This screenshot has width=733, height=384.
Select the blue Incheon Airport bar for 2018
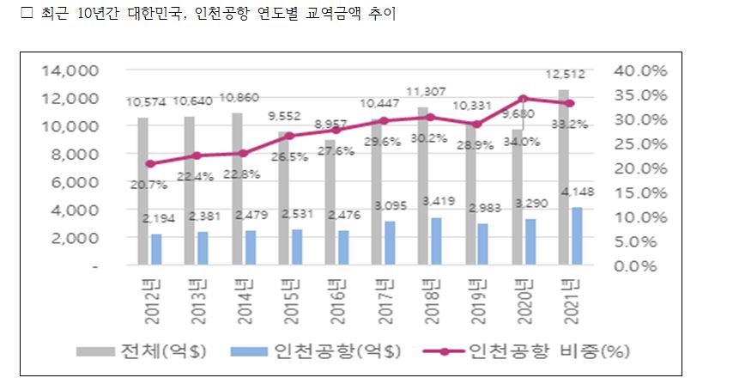click(x=437, y=241)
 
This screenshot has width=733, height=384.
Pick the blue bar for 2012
click(x=156, y=249)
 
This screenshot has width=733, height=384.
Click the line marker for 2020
click(x=523, y=98)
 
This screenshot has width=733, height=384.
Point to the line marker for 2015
click(x=289, y=136)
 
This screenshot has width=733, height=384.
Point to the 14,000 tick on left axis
click(x=75, y=70)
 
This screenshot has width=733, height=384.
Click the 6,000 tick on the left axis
click(x=79, y=182)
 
